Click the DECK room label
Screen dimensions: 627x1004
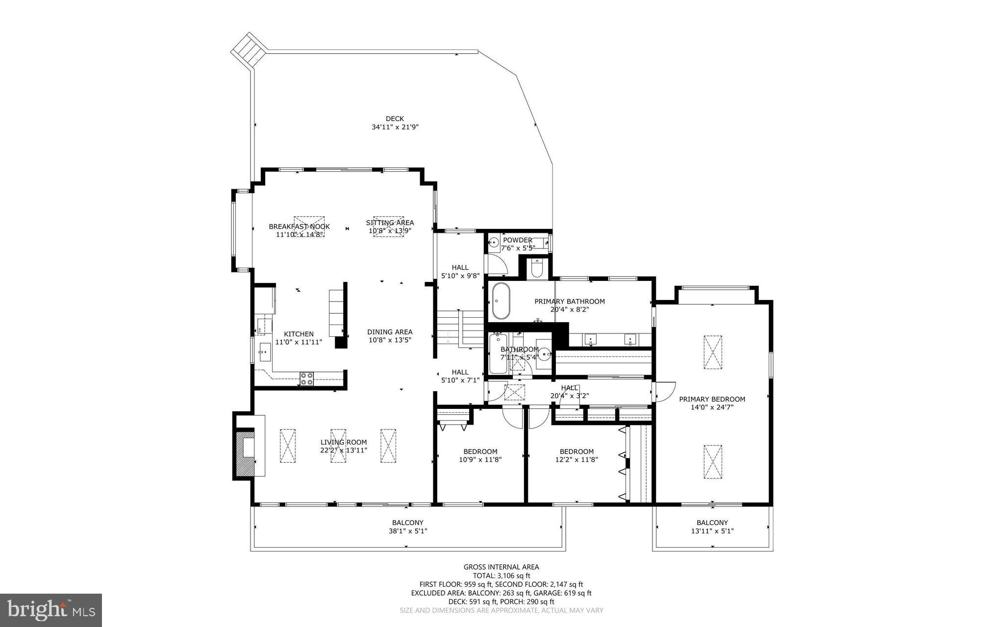pyautogui.click(x=395, y=119)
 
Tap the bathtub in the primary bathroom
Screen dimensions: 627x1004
pyautogui.click(x=501, y=301)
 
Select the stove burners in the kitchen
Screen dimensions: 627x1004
pyautogui.click(x=307, y=378)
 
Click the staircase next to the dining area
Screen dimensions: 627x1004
pyautogui.click(x=460, y=328)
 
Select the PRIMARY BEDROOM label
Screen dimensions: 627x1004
pyautogui.click(x=712, y=399)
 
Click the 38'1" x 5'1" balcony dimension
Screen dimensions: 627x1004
pyautogui.click(x=407, y=531)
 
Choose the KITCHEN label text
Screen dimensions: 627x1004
pyautogui.click(x=299, y=334)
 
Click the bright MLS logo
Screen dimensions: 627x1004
pyautogui.click(x=51, y=610)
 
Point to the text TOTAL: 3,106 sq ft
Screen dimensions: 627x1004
pyautogui.click(x=501, y=576)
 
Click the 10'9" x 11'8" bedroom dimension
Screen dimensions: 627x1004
pyautogui.click(x=480, y=460)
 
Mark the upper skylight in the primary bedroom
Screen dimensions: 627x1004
pyautogui.click(x=712, y=352)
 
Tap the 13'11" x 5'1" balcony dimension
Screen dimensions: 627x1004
pyautogui.click(x=712, y=531)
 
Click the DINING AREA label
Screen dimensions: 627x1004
pyautogui.click(x=390, y=332)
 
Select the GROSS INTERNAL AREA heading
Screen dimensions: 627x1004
pyautogui.click(x=501, y=567)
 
